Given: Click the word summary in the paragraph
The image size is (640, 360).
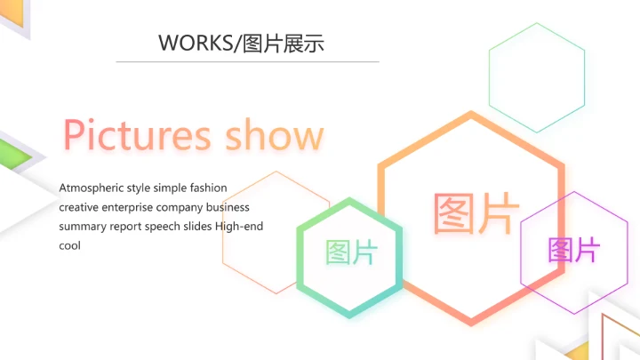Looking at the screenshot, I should [x=83, y=227].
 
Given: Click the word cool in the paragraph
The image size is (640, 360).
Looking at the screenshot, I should [x=70, y=245].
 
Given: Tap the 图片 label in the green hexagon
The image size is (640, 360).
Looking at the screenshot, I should [x=351, y=252].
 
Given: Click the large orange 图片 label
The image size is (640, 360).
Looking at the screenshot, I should [x=476, y=214].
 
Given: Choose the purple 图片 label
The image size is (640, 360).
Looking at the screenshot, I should [x=573, y=250].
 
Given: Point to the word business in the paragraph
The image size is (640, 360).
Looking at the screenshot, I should [x=228, y=207].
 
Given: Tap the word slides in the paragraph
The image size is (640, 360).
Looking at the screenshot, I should [x=200, y=227].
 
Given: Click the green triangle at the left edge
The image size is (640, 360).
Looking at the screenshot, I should [x=20, y=157].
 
